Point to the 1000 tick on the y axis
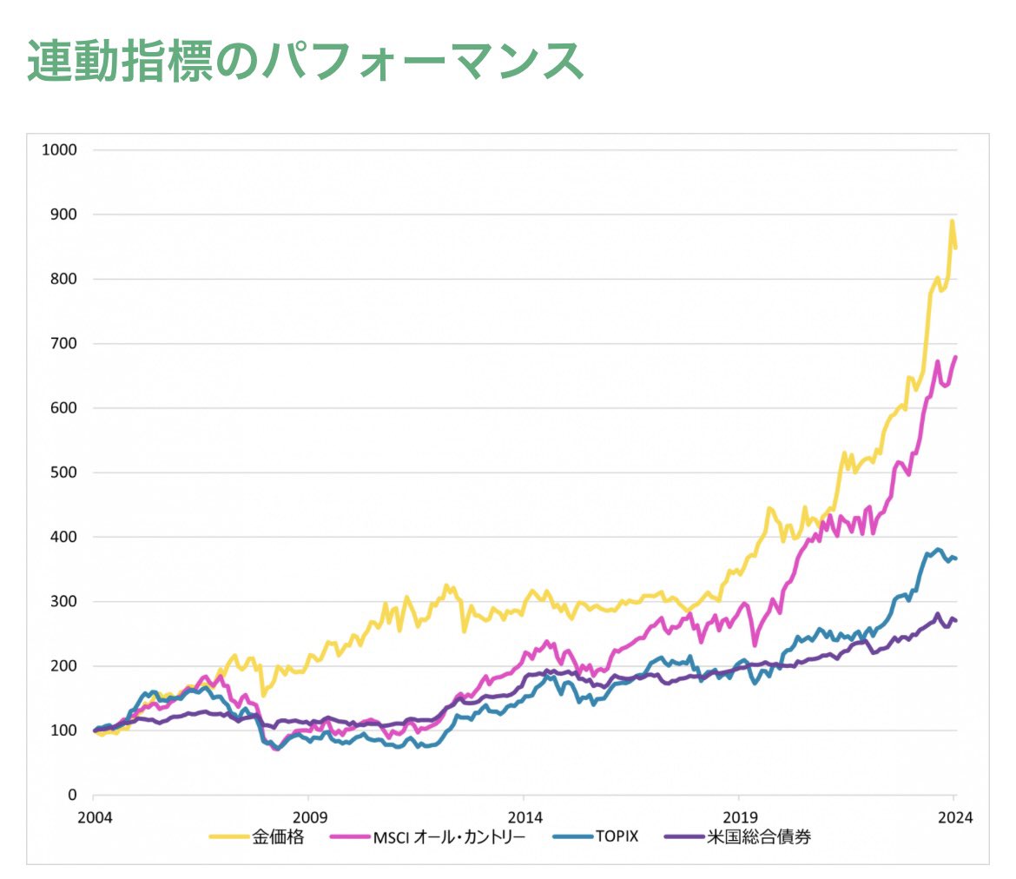[x=60, y=149]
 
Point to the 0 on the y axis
[x=73, y=796]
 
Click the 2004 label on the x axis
[x=94, y=816]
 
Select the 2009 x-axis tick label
[x=308, y=816]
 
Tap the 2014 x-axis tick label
[x=524, y=816]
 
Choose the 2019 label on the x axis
[x=738, y=816]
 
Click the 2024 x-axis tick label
[x=953, y=816]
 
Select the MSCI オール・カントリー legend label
[x=449, y=838]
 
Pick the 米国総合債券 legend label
[x=759, y=838]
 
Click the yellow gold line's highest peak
[x=952, y=221]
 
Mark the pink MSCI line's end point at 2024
[x=956, y=357]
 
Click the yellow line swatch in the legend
[x=228, y=838]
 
